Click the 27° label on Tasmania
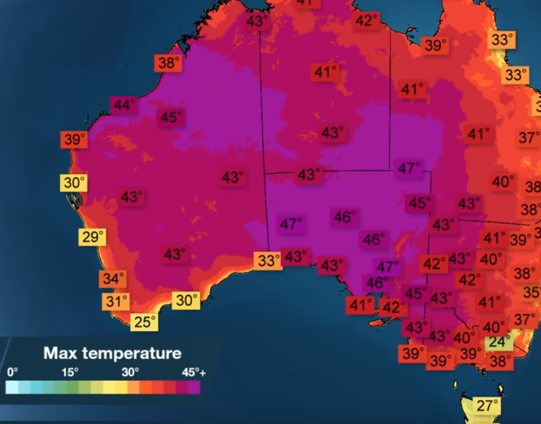(487, 406)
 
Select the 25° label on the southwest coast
(144, 321)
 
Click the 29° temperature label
(92, 237)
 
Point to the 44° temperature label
(123, 104)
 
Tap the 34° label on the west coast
(112, 279)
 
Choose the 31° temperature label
(117, 301)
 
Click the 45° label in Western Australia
(171, 117)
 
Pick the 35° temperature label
(532, 292)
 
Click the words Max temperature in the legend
(112, 354)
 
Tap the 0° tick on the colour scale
(12, 372)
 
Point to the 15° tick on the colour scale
(70, 372)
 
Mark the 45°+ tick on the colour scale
(193, 372)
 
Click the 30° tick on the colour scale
(130, 372)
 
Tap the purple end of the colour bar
(193, 387)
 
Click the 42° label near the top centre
(366, 21)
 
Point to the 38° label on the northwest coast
(169, 63)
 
